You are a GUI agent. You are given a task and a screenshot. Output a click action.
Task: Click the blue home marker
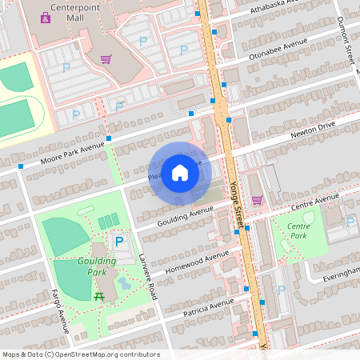180,172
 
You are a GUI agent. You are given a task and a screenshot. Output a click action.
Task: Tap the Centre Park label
298,231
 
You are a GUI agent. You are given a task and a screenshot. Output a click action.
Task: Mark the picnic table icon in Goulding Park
98,296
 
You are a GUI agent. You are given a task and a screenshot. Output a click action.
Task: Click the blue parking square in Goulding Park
119,241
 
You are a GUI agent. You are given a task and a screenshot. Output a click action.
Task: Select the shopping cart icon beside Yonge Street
257,200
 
